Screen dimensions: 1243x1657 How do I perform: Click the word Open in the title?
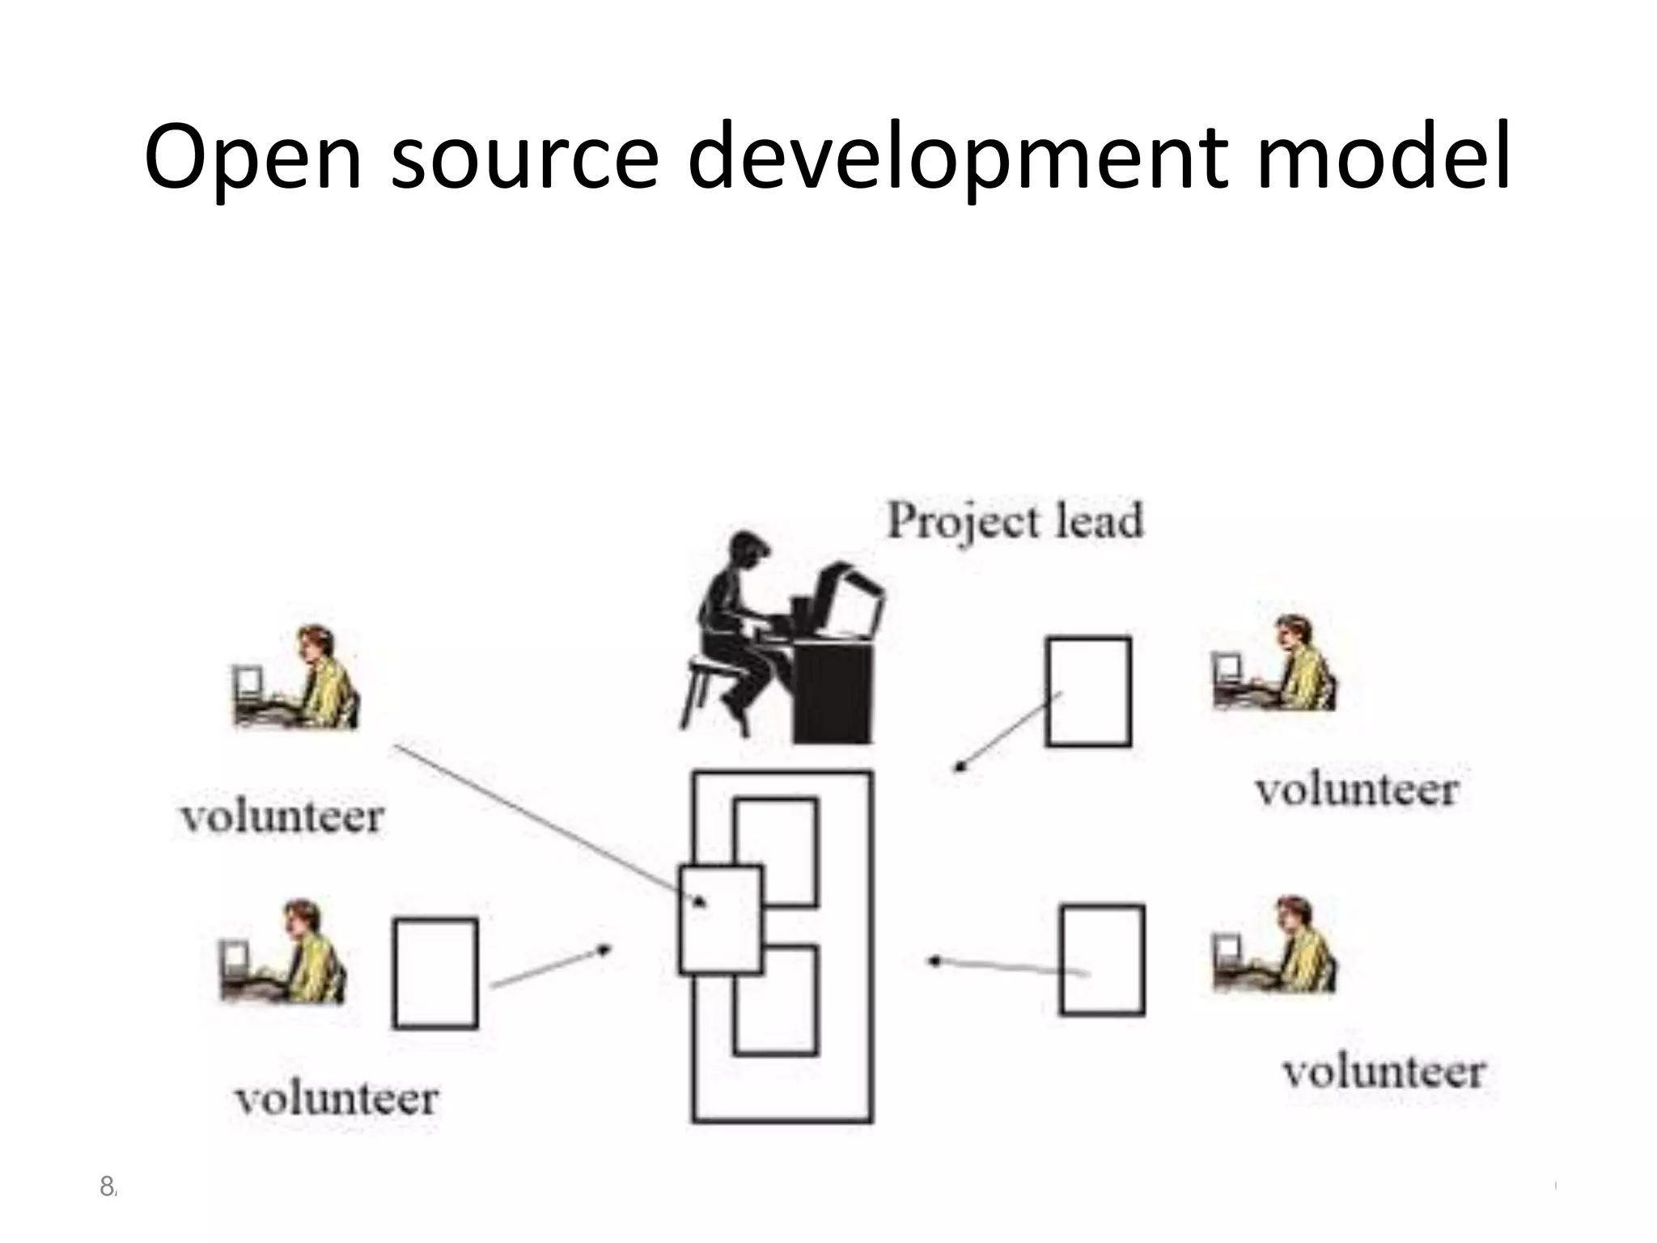(x=252, y=158)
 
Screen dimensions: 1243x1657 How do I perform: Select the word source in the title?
(x=525, y=158)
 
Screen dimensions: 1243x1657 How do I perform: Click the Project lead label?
(x=1015, y=520)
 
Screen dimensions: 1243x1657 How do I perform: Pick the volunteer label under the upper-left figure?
(x=282, y=817)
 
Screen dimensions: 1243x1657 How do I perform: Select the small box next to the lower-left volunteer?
(x=435, y=973)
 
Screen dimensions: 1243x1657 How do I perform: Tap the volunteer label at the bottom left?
(x=337, y=1099)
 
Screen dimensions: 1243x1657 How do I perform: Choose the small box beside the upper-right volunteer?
(x=1088, y=692)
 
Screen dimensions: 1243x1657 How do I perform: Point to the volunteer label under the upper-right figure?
(x=1357, y=790)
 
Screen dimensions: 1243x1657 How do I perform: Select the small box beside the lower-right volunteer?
(x=1102, y=960)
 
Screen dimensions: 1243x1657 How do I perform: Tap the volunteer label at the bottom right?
(x=1384, y=1072)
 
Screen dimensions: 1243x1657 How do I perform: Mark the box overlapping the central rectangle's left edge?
(x=720, y=919)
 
